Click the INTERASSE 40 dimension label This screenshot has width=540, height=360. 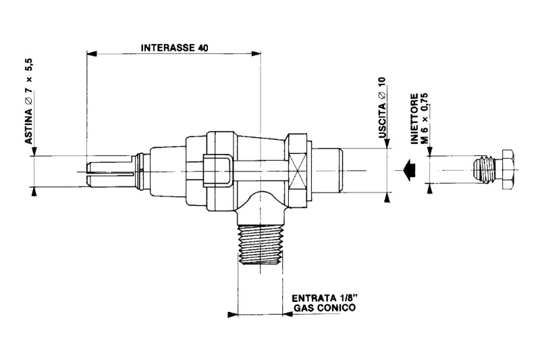174,47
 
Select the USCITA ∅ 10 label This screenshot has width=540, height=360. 382,107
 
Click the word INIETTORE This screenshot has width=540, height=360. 414,118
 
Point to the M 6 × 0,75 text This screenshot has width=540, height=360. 425,117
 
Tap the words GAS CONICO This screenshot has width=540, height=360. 325,307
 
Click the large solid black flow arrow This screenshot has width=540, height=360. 409,170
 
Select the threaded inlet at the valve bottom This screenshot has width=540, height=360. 260,244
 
